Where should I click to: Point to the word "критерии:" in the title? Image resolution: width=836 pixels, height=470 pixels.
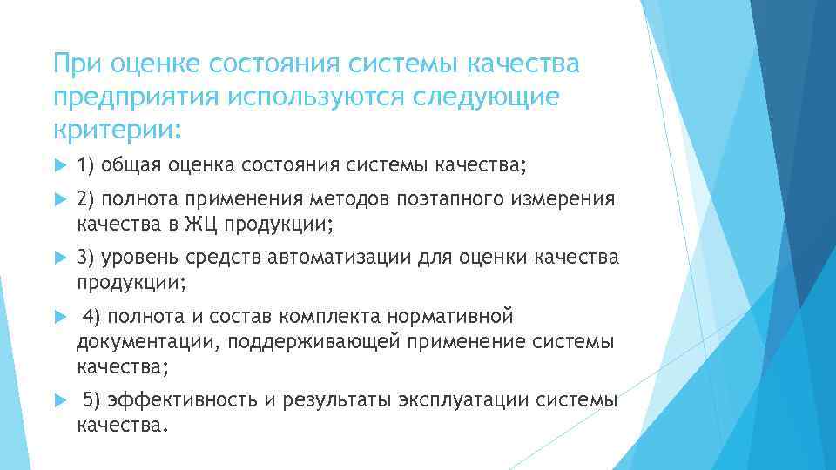pos(118,131)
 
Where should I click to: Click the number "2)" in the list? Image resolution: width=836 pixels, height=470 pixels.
pos(87,199)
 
